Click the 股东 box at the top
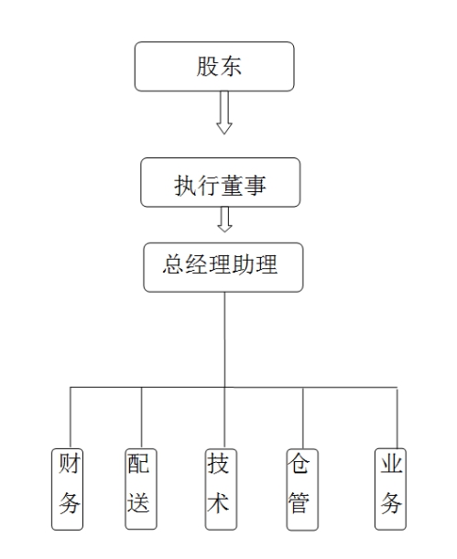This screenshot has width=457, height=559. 214,66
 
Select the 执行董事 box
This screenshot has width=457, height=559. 221,182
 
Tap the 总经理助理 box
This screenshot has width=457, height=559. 223,267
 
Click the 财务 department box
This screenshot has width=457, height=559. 68,489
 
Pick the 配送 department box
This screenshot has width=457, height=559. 141,489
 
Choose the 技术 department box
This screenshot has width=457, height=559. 222,489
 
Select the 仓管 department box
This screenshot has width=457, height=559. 302,489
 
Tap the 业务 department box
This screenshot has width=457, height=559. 390,489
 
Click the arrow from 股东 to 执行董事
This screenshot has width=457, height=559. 224,113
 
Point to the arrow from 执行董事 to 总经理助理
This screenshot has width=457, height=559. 224,220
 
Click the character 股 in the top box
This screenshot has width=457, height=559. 207,66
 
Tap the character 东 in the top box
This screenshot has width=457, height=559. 231,66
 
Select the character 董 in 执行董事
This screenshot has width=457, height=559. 232,186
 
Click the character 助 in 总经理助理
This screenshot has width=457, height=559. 243,264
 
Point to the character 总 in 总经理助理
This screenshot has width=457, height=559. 173,264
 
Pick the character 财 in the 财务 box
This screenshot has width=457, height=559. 69,463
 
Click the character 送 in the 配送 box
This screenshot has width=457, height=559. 138,502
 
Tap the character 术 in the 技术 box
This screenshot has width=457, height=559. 218,502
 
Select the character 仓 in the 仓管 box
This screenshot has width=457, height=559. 299,463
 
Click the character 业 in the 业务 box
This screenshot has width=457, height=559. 391,463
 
